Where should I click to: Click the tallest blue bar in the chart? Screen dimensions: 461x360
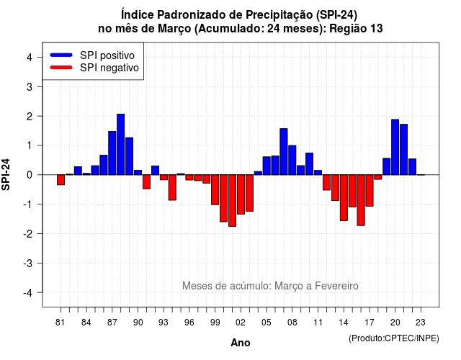coord(120,144)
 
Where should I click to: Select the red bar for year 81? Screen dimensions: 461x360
coord(61,180)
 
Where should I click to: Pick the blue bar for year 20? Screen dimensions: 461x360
coord(395,147)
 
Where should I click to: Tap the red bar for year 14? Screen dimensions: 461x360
coord(344,198)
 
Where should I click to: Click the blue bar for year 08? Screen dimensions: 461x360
coord(292,160)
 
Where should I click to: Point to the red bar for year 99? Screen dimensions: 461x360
coord(215,190)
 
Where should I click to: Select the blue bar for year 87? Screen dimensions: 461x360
coord(112,153)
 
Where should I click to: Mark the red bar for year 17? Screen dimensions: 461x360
coord(370,190)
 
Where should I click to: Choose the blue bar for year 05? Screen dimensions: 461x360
coord(267,166)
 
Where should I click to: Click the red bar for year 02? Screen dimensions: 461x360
coord(241,194)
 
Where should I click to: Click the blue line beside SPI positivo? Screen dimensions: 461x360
coord(61,55)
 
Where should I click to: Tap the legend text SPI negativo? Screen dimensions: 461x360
coord(109,68)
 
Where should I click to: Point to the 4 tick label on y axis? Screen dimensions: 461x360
coord(30,58)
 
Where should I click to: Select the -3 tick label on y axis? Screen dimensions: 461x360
coord(28,263)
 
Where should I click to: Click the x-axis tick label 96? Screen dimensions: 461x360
coord(189,323)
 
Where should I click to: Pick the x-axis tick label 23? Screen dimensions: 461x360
coord(421,323)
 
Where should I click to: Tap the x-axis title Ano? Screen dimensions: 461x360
coord(241,343)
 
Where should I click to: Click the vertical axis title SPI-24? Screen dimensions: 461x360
coord(6,174)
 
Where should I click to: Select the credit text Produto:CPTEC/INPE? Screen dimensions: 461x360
coord(394,338)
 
